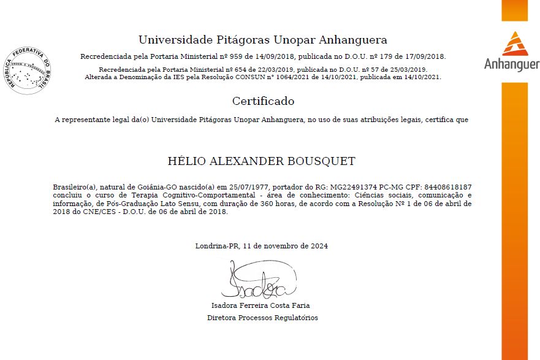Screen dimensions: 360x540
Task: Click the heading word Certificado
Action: point(263,101)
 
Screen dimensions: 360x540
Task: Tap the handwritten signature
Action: point(257,283)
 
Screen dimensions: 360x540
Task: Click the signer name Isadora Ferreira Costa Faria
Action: point(260,305)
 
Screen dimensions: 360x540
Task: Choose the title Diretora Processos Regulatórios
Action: point(262,318)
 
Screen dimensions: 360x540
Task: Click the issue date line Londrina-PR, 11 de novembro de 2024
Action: point(262,246)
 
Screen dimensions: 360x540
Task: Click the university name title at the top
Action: point(262,40)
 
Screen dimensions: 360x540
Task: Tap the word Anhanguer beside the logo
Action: point(511,64)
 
